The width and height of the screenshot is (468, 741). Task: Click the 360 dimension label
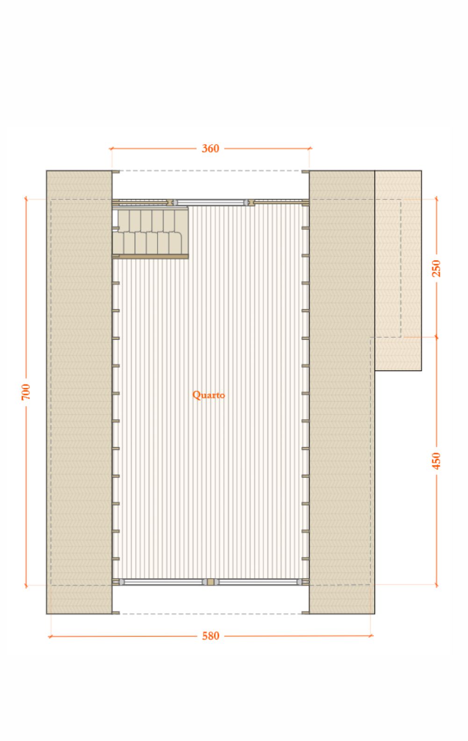pos(210,149)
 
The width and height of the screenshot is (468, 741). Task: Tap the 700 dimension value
pos(26,392)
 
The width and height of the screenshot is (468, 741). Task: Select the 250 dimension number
pos(436,268)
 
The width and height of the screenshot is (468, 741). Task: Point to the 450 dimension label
pos(436,461)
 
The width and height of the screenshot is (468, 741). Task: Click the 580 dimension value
pos(210,636)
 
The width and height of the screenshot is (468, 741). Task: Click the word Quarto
pos(209,395)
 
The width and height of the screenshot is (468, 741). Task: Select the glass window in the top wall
pos(210,202)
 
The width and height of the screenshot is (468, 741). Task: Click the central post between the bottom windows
pos(210,581)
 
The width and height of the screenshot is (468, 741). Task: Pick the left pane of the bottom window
pos(162,581)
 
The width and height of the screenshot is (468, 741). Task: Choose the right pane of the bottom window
pos(259,581)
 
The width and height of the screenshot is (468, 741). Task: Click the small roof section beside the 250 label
pos(398,270)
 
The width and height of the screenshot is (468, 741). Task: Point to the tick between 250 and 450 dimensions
pos(436,337)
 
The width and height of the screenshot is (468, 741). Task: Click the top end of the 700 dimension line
pos(26,199)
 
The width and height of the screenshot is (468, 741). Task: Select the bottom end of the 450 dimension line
pos(436,585)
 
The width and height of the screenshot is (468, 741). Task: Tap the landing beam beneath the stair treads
pos(151,256)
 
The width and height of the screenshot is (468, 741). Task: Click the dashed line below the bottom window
pos(210,614)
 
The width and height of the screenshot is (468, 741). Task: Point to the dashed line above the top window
pos(210,171)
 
